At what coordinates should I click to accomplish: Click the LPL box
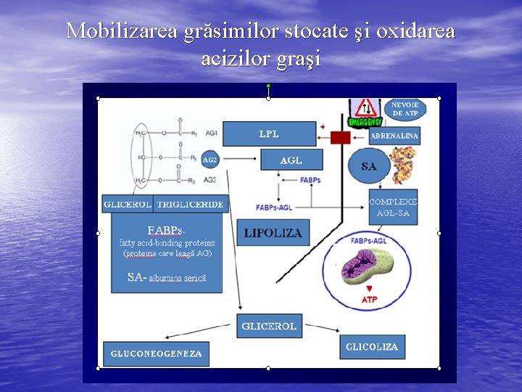click(269, 134)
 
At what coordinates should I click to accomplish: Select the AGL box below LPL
click(291, 160)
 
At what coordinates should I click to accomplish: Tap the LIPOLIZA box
click(273, 232)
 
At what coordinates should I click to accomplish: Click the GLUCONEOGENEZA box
click(156, 354)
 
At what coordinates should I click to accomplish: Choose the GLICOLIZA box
click(372, 347)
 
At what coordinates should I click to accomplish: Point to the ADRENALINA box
click(394, 136)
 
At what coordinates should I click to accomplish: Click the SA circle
click(369, 166)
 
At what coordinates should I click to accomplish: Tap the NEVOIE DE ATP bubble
click(405, 109)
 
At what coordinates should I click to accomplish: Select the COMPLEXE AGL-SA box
click(393, 207)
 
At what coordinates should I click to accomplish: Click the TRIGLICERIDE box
click(190, 204)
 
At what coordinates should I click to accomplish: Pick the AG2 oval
click(210, 160)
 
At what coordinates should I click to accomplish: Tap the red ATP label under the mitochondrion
click(369, 299)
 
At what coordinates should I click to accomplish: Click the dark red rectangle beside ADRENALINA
click(340, 137)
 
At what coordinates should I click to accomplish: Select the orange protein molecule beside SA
click(403, 164)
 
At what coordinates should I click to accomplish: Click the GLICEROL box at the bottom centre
click(269, 326)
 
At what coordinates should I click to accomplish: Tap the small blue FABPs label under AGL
click(310, 180)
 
